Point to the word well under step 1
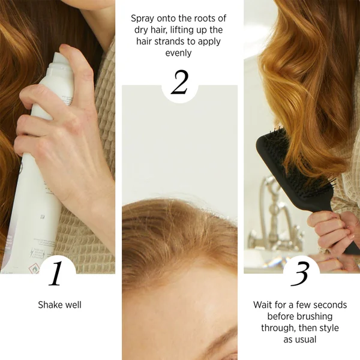tap(73, 305)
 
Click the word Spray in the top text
tap(142, 19)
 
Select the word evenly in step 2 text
tap(178, 53)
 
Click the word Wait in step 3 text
tap(262, 305)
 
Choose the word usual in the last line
tap(307, 340)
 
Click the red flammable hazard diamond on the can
tap(34, 269)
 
